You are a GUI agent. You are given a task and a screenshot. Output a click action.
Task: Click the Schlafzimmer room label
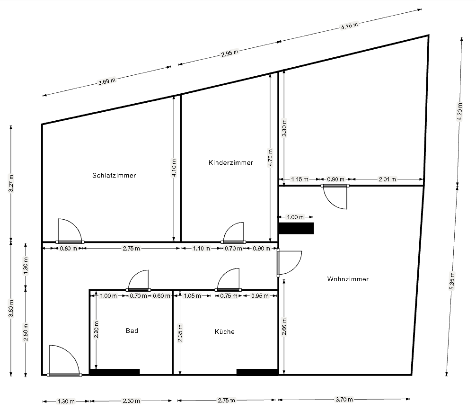click(x=114, y=175)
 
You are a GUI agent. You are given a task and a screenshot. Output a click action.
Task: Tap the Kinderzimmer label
click(x=231, y=162)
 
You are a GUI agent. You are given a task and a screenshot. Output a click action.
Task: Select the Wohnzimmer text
click(x=348, y=279)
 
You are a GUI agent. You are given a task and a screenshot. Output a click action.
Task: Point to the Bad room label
click(x=132, y=331)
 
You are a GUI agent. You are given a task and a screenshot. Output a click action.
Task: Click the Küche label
click(x=225, y=331)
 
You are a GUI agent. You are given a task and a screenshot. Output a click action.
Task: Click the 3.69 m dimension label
click(x=107, y=81)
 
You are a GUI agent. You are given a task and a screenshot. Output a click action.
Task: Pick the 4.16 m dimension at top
click(x=349, y=26)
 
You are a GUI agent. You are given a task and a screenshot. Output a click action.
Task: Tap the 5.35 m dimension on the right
click(x=452, y=281)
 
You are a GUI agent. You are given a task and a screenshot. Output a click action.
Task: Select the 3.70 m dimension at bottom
click(x=344, y=399)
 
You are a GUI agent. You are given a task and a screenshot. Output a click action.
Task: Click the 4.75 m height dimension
click(x=270, y=157)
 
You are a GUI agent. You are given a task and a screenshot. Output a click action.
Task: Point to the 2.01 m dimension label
click(x=388, y=179)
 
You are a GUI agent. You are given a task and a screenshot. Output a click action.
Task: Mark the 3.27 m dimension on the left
click(x=11, y=183)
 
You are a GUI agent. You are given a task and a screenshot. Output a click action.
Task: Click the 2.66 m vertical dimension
click(x=284, y=327)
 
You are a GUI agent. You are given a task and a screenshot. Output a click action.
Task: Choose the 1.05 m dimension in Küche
click(x=192, y=295)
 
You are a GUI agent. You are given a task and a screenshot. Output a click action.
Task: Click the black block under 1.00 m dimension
click(x=296, y=228)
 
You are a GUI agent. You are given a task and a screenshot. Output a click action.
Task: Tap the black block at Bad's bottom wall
click(x=115, y=372)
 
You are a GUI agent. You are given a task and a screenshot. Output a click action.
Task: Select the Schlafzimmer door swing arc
click(x=74, y=225)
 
